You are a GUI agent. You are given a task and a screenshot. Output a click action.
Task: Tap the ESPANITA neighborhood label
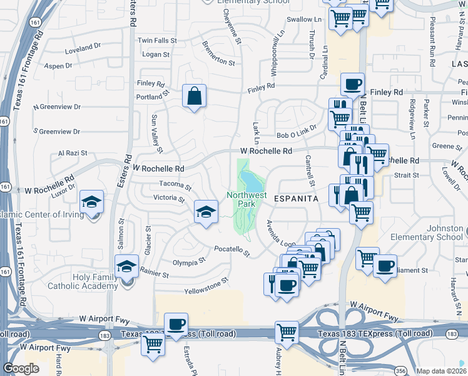(x=295, y=198)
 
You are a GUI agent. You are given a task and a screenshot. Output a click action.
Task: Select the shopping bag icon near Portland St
(x=194, y=97)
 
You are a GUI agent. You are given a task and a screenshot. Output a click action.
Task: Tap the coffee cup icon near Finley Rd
(x=352, y=84)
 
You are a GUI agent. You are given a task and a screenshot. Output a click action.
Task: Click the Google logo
(x=21, y=368)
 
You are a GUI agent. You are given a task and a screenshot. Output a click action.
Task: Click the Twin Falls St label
(x=158, y=40)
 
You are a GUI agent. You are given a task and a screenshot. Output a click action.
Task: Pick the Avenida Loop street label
(x=280, y=234)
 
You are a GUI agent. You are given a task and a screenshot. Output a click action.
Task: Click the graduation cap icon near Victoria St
(x=205, y=211)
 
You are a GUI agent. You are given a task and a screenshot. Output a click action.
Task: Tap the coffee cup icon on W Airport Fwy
(x=177, y=323)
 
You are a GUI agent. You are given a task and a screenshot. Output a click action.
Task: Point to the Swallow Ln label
(x=303, y=19)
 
